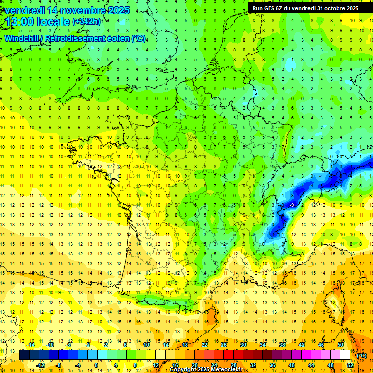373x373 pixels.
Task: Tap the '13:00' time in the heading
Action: [x=20, y=22]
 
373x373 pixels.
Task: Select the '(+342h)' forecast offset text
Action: [x=87, y=22]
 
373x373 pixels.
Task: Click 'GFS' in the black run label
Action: [x=272, y=8]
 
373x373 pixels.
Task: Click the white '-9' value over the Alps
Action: [x=291, y=205]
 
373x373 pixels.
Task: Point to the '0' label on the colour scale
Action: [x=96, y=365]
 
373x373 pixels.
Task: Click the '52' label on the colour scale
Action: [x=350, y=365]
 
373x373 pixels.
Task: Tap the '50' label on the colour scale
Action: [x=340, y=345]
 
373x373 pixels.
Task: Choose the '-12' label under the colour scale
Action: [x=40, y=365]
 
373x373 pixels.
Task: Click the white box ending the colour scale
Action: [x=345, y=355]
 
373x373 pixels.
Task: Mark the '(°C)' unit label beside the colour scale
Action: [x=361, y=355]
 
